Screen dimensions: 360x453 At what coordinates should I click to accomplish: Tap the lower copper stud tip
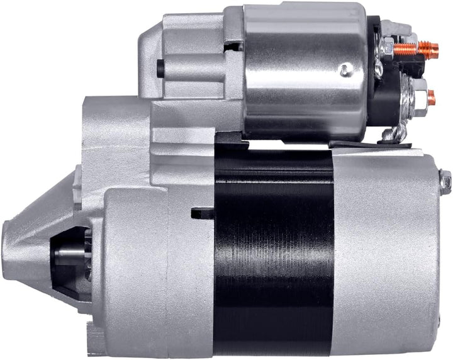click(x=432, y=97)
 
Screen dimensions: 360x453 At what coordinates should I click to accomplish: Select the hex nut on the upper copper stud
click(x=388, y=48)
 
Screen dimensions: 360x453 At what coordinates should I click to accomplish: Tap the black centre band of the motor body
click(x=273, y=252)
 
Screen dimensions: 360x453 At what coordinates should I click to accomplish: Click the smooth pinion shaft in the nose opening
click(x=68, y=254)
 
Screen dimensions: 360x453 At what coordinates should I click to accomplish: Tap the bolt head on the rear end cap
click(x=445, y=183)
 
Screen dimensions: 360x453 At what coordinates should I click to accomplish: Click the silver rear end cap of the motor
click(x=384, y=252)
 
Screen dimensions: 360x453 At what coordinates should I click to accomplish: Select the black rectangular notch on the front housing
click(x=203, y=213)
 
